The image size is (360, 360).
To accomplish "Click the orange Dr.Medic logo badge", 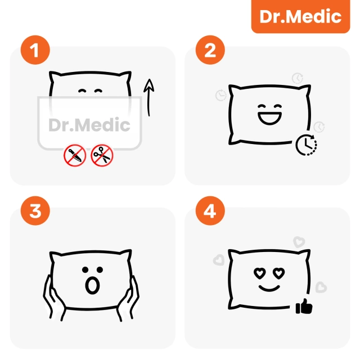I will [x=301, y=17].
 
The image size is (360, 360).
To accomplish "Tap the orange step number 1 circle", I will [x=35, y=52].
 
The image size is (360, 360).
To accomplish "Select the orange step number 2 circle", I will [x=209, y=52].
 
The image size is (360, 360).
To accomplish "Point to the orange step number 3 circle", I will [x=35, y=213].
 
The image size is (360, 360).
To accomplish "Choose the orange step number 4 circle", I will [x=209, y=213].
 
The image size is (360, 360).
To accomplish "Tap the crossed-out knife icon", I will [x=75, y=156].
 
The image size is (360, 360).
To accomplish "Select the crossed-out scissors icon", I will [x=102, y=156].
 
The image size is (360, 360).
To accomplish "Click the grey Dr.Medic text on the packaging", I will [x=89, y=125].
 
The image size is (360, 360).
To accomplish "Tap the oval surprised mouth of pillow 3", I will [x=90, y=285].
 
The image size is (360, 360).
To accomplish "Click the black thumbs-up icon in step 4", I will [x=304, y=307].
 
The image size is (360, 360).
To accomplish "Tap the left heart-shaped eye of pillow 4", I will [x=259, y=273].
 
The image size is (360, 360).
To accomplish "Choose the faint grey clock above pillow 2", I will [x=296, y=78].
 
